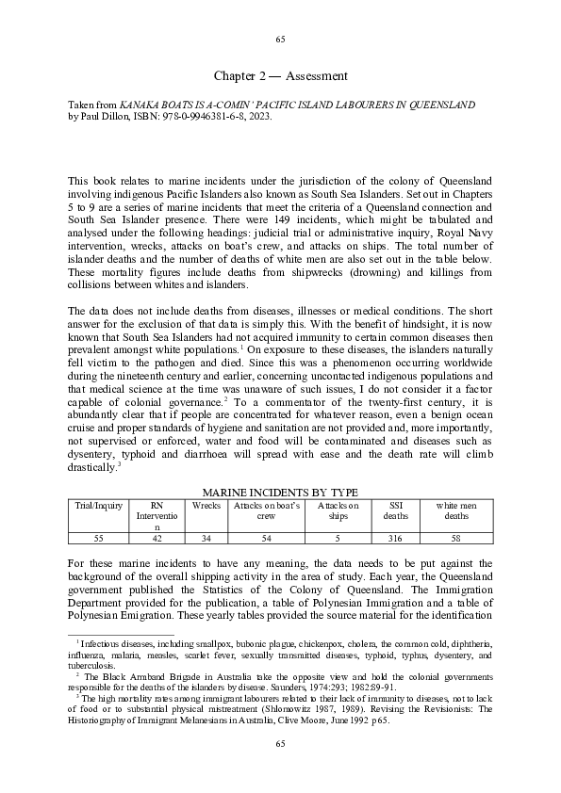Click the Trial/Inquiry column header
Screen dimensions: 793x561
(x=99, y=506)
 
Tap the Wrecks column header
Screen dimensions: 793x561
(x=206, y=506)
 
